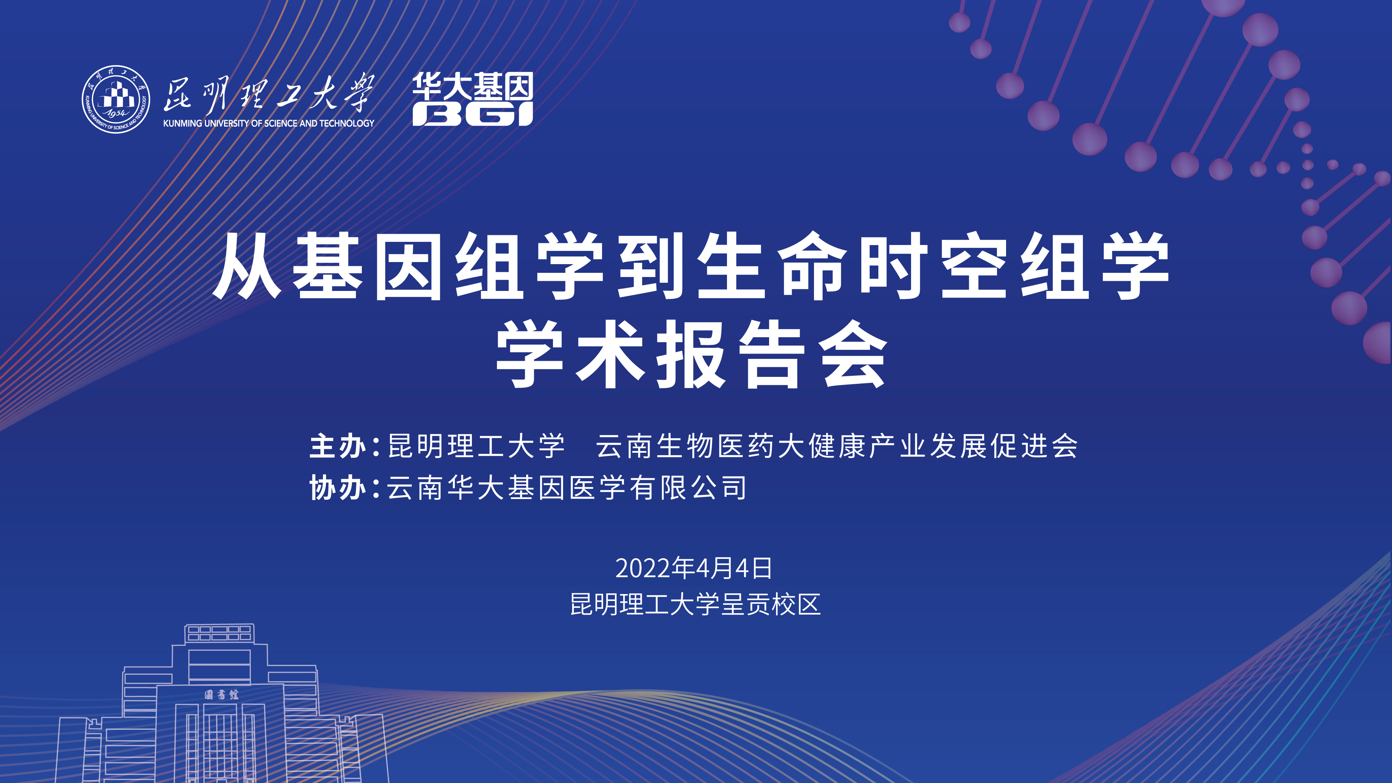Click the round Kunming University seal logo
[116, 100]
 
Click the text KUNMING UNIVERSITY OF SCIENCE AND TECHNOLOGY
[269, 123]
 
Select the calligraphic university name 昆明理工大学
[269, 93]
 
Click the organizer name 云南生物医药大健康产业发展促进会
[837, 446]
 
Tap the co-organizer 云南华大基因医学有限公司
[567, 488]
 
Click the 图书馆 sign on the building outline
[222, 695]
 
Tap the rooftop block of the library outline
[219, 633]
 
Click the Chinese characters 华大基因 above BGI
[473, 86]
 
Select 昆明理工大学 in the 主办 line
[477, 446]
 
